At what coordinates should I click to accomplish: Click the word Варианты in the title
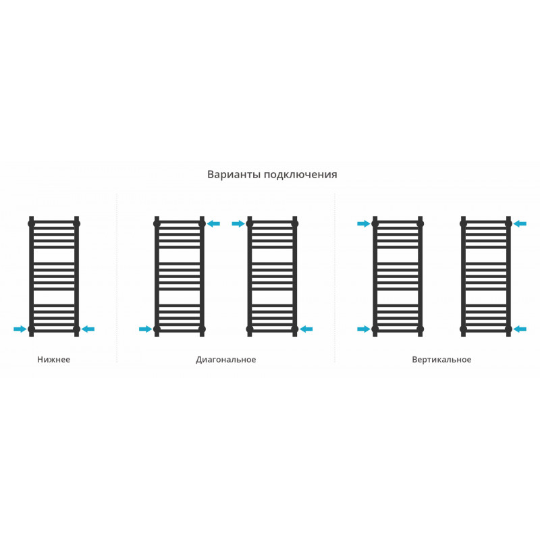tap(234, 174)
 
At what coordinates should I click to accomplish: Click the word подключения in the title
tap(300, 175)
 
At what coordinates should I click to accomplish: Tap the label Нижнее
tap(54, 360)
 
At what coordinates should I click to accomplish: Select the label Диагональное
tap(226, 360)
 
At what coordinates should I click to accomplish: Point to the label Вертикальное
tap(441, 360)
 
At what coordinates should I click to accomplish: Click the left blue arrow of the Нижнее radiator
tap(20, 329)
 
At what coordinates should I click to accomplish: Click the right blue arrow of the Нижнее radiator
tap(88, 329)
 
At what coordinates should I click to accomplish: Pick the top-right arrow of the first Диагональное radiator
tap(213, 224)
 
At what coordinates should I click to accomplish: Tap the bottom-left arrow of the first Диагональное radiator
tap(145, 329)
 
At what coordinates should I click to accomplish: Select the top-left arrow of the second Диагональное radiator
tap(238, 224)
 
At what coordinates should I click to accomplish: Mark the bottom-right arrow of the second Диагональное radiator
tap(306, 329)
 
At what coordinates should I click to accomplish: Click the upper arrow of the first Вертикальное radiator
tap(364, 224)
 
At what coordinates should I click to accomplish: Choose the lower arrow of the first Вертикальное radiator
tap(364, 329)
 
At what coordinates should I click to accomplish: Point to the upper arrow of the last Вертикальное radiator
tap(520, 224)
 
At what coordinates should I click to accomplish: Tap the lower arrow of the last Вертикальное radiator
tap(520, 329)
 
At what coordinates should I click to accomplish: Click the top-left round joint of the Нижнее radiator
tap(31, 224)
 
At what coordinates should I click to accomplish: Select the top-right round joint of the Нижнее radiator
tap(76, 224)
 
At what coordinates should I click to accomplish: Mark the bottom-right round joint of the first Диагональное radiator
tap(202, 329)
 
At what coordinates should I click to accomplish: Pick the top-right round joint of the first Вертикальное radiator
tap(420, 224)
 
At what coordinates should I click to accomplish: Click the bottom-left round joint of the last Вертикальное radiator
tap(463, 329)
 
